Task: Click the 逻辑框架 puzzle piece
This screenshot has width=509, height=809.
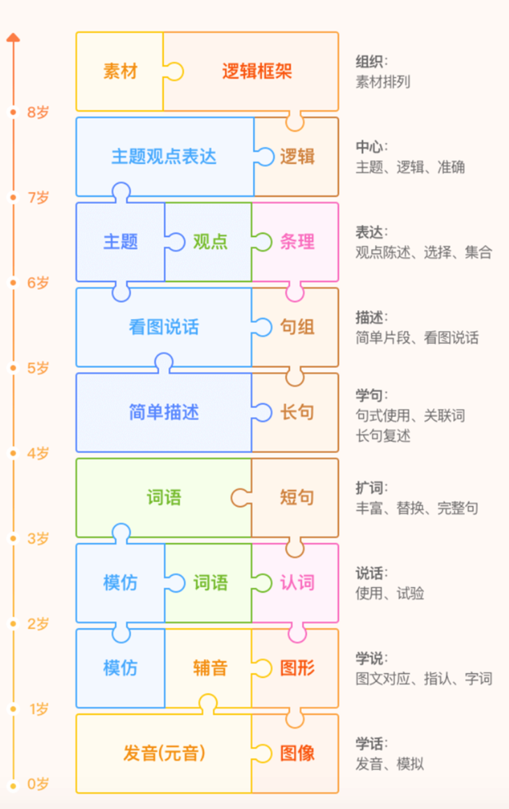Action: coord(257,71)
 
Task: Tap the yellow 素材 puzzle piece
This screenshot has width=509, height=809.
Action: coord(120,71)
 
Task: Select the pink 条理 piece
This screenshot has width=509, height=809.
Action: coord(298,242)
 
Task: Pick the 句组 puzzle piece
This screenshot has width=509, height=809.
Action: coord(298,327)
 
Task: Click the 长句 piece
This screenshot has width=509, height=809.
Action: coord(298,412)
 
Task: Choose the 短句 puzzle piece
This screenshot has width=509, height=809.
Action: coord(298,497)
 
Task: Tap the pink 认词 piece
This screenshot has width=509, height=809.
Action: coord(298,582)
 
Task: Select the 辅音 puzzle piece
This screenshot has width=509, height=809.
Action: coord(210,668)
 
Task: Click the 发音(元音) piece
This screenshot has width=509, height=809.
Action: coord(165,753)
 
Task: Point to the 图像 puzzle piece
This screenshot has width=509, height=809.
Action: coord(298,753)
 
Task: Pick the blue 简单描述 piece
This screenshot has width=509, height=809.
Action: coord(164,412)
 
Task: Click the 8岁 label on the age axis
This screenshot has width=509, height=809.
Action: coord(38,112)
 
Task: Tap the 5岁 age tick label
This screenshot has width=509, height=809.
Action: coord(38,368)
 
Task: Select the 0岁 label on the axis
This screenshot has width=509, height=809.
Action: coord(38,784)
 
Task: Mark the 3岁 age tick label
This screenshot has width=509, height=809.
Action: coord(38,538)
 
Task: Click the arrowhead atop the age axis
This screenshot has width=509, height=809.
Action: coord(13,37)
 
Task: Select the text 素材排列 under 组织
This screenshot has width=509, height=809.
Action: coord(383,82)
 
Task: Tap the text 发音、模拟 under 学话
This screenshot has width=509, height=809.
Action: coord(389,764)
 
